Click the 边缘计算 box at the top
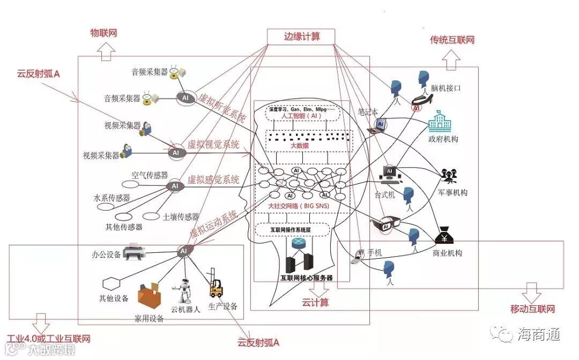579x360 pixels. [x=301, y=36]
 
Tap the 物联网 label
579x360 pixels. [x=103, y=33]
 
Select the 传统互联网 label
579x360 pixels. [x=452, y=40]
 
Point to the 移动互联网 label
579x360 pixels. [x=532, y=309]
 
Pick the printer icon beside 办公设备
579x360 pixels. [x=133, y=253]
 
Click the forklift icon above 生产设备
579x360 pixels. [x=216, y=289]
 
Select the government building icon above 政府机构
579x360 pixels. [x=441, y=123]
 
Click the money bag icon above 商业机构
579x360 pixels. [x=446, y=237]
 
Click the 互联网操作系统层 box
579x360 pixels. [x=291, y=230]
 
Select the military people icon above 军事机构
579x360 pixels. [x=448, y=177]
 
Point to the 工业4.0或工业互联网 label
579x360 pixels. [x=49, y=339]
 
